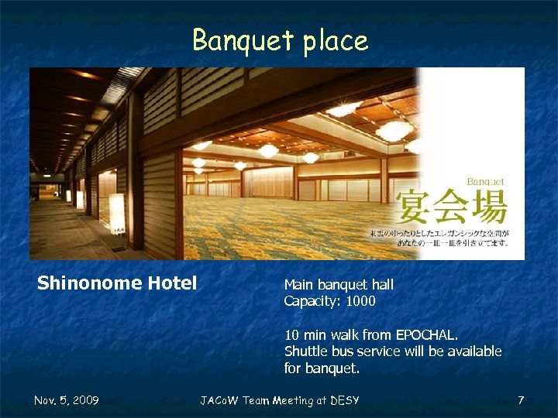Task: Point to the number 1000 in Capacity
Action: click(x=360, y=301)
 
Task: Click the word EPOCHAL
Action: click(x=427, y=335)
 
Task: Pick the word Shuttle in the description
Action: click(x=306, y=351)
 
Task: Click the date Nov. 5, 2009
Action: click(x=66, y=400)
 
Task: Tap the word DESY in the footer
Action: click(x=344, y=400)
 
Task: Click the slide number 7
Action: click(x=521, y=400)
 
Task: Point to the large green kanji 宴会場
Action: click(x=452, y=208)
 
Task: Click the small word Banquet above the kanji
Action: click(x=485, y=182)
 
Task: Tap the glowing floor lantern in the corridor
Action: click(x=116, y=213)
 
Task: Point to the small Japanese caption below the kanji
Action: click(x=439, y=238)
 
